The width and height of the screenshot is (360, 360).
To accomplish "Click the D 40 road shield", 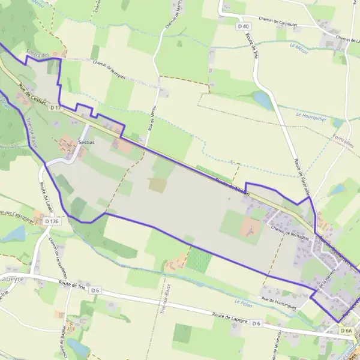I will [243, 26].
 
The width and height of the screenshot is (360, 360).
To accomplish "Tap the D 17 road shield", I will [56, 107].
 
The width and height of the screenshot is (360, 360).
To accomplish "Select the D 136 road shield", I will [52, 221].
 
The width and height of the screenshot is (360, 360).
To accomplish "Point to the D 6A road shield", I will [347, 331].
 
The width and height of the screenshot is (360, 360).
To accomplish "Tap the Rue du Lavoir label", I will [47, 199].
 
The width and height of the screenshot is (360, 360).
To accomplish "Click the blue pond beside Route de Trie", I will [263, 100].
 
